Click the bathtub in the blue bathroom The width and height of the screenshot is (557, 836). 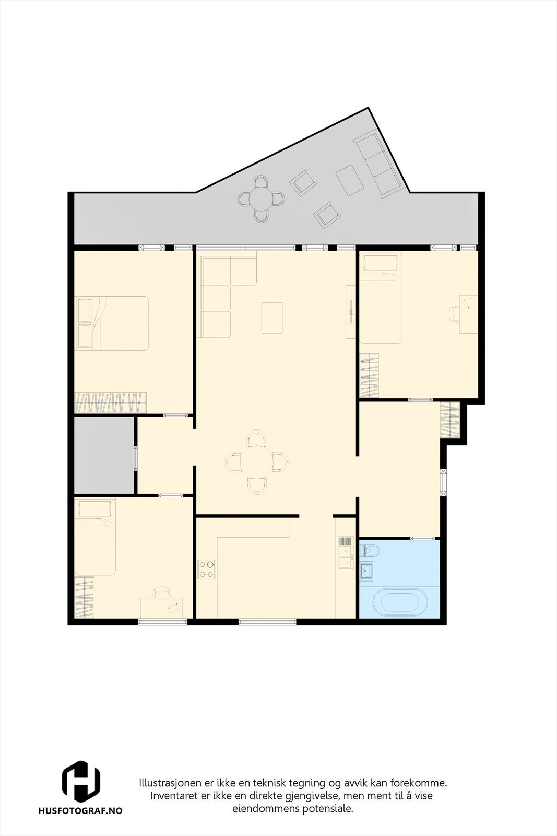(x=405, y=602)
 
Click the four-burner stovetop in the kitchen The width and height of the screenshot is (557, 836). (x=207, y=569)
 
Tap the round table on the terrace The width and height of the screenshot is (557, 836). (x=262, y=199)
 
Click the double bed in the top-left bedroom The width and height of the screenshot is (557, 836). (x=112, y=323)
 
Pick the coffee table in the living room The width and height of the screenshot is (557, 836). (x=272, y=317)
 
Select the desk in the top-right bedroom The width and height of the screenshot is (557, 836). (x=468, y=313)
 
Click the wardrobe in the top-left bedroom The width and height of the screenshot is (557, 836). (x=110, y=403)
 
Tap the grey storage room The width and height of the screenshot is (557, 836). (x=104, y=455)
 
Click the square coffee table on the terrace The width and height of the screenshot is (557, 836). (x=349, y=180)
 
